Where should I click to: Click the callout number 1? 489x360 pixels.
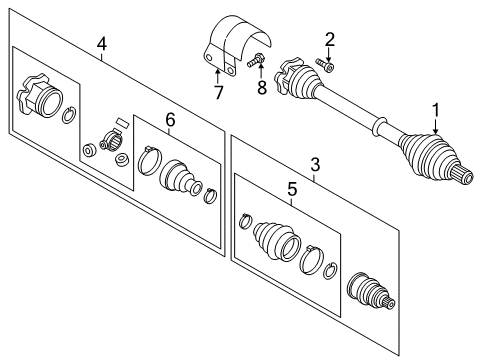click(436, 110)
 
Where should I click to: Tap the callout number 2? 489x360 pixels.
click(329, 39)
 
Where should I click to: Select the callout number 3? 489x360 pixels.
click(315, 165)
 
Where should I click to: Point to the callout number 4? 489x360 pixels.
click(102, 44)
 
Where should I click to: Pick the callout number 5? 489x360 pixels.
click(292, 189)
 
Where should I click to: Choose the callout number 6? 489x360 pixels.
click(170, 120)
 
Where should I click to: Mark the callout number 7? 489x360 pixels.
click(218, 92)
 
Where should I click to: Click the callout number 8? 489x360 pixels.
click(262, 88)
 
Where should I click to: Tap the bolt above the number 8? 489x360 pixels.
click(256, 60)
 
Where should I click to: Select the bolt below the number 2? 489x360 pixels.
click(324, 65)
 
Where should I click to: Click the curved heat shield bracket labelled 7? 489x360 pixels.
click(236, 44)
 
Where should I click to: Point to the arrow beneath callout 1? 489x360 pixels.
click(436, 127)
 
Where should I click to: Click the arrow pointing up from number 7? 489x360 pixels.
click(217, 76)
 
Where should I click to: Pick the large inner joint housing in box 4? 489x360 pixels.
click(40, 95)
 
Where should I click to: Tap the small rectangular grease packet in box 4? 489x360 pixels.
click(122, 122)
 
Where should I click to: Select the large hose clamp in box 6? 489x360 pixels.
click(149, 160)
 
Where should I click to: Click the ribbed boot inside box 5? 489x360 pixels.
click(277, 241)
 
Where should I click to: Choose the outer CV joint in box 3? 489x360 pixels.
click(371, 292)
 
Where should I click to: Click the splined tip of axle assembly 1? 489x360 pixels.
click(464, 175)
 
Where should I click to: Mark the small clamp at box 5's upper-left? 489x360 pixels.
click(246, 221)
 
